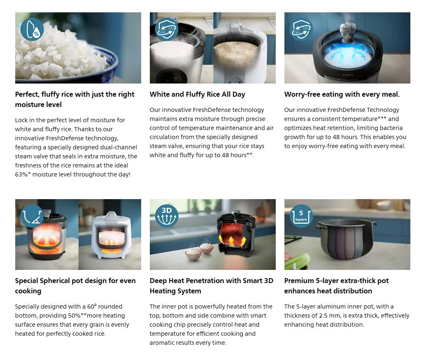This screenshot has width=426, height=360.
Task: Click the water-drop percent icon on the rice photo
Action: click(32, 29)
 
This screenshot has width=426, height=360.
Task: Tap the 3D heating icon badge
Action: click(167, 216)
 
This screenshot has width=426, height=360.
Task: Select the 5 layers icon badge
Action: click(301, 216)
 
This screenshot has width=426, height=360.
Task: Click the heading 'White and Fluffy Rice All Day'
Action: click(197, 94)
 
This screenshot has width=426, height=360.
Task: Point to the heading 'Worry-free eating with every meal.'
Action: click(342, 94)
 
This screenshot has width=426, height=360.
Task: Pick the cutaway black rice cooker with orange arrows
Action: click(236, 233)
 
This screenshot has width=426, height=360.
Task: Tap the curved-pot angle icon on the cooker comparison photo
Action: click(32, 216)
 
